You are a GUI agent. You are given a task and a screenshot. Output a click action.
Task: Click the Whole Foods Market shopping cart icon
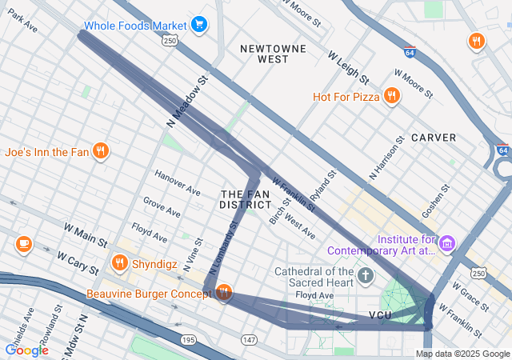pos(199,25)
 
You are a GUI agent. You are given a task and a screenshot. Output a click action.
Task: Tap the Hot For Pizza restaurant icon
pos(392,97)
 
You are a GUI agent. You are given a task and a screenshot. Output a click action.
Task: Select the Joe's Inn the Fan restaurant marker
pos(100,151)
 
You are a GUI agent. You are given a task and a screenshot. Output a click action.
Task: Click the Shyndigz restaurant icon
pos(120,262)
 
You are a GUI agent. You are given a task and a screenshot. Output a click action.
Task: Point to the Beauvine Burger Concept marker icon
pos(223,294)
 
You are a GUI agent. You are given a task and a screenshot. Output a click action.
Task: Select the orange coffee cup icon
pos(23,243)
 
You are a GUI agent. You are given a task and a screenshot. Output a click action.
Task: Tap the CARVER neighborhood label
pos(434,138)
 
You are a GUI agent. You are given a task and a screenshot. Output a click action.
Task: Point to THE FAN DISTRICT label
pos(246,199)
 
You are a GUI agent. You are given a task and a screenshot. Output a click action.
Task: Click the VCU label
pos(379,314)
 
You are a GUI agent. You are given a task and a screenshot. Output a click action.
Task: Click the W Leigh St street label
pos(348,68)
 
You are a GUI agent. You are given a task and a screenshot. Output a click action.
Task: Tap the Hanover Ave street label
pos(177,186)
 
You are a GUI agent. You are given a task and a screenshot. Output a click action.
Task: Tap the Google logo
pos(26,350)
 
